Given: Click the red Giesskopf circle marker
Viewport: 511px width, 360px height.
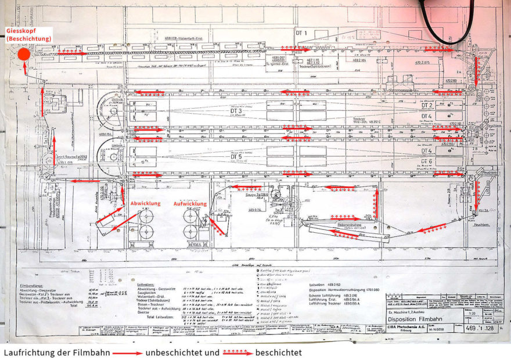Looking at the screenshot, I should coord(24,55).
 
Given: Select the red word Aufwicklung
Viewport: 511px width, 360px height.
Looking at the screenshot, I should coord(190,204).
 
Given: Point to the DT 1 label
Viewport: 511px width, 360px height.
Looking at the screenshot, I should coord(301,33).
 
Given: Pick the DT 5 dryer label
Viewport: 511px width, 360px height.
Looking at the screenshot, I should coord(236,157).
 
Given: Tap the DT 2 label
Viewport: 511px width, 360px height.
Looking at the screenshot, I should coord(427,105).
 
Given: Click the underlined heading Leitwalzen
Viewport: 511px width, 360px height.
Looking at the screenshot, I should coord(145,285).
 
